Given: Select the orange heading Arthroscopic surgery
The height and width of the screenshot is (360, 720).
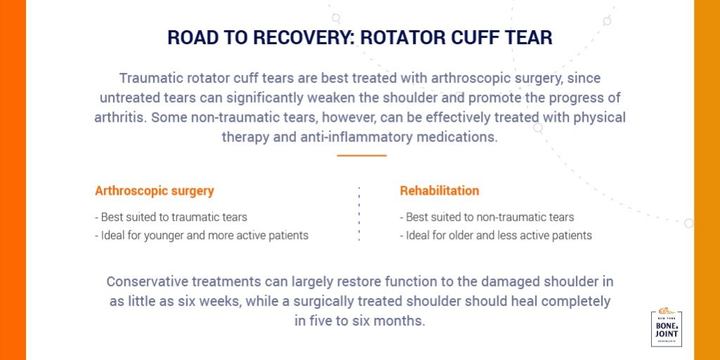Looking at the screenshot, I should (154, 191).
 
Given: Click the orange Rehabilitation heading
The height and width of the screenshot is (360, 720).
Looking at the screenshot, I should (439, 191).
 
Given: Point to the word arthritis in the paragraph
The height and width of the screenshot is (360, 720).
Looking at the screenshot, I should (117, 117).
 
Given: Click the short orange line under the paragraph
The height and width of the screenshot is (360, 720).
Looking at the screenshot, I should (361, 155).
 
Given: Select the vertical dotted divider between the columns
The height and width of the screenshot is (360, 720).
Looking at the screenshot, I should (359, 214).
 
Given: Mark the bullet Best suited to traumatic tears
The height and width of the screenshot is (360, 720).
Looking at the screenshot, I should (171, 217).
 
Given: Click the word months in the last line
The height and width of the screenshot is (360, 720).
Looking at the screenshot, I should (401, 321).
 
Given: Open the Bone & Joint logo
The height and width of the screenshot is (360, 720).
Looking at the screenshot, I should (666, 328).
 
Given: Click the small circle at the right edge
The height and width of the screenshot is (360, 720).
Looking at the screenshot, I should (688, 223).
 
